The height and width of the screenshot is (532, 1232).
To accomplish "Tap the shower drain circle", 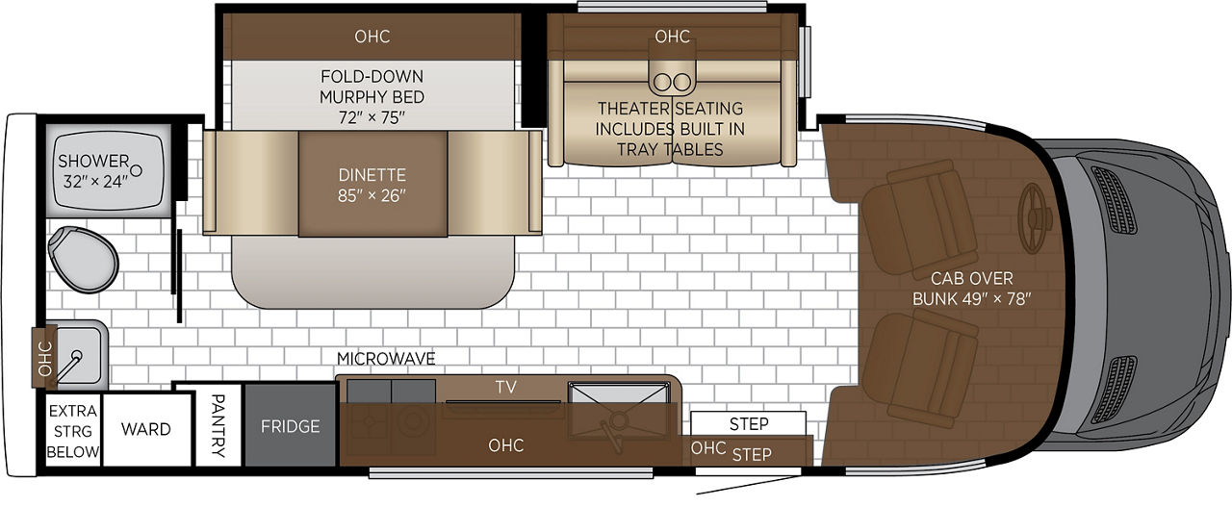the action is click(x=136, y=170).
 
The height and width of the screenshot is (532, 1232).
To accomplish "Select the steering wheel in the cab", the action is click(x=1034, y=217).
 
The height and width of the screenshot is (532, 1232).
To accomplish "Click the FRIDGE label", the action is click(x=290, y=426).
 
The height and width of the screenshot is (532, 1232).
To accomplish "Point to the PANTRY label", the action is click(x=218, y=425).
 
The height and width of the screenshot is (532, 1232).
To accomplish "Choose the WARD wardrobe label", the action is click(x=145, y=429).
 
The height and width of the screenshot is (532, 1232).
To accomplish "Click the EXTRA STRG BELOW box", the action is click(x=72, y=431).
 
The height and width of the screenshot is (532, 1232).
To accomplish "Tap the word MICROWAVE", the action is click(x=386, y=359).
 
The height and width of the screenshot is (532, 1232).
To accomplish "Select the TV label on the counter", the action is click(x=506, y=387).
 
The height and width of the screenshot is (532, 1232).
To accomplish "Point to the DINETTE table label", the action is click(x=372, y=175).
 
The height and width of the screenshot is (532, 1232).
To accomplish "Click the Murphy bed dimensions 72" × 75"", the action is click(x=372, y=117).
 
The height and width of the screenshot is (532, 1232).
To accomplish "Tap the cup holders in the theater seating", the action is click(x=672, y=83).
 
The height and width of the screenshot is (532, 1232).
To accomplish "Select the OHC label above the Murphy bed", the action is click(x=372, y=37).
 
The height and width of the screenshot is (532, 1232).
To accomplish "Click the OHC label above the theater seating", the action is click(x=672, y=37).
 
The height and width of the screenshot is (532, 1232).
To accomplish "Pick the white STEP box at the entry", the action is click(x=748, y=423).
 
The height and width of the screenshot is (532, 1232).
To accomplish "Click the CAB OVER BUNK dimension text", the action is click(x=971, y=298).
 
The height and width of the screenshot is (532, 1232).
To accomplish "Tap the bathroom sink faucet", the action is click(x=70, y=365).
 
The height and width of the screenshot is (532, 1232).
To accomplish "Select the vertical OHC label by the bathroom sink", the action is click(x=45, y=359).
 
